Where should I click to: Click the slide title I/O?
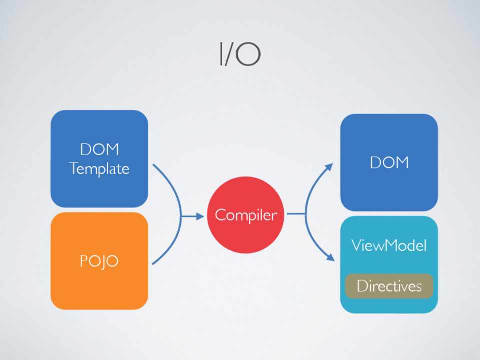click(240, 54)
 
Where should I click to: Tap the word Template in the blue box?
click(100, 168)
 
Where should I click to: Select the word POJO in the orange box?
click(99, 261)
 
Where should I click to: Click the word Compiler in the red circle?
click(245, 215)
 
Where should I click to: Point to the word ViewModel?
click(389, 245)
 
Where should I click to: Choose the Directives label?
click(389, 286)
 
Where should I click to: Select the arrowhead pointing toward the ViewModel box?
click(330, 257)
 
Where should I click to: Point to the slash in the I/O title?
click(229, 54)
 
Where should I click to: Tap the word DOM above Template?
click(99, 149)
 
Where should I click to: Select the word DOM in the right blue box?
click(389, 162)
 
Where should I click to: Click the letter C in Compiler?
click(219, 215)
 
